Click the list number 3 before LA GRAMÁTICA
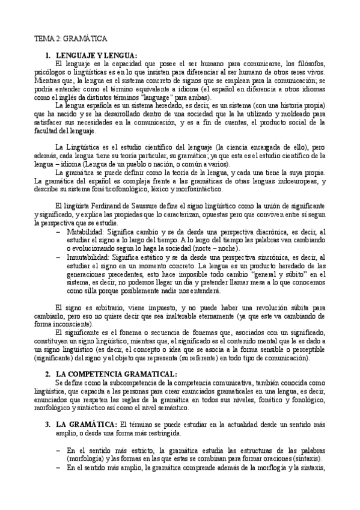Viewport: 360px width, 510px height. [48, 424]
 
